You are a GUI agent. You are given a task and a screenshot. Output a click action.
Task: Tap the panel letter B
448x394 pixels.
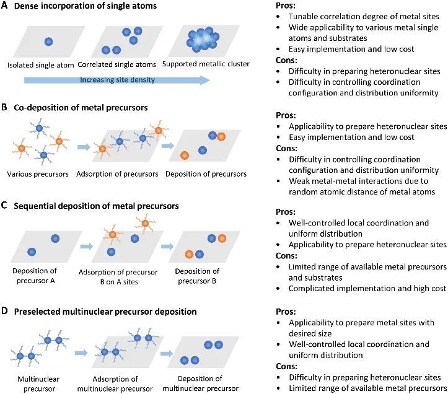point(6,107)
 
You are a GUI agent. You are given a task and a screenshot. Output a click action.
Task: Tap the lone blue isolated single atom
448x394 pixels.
point(48,41)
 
